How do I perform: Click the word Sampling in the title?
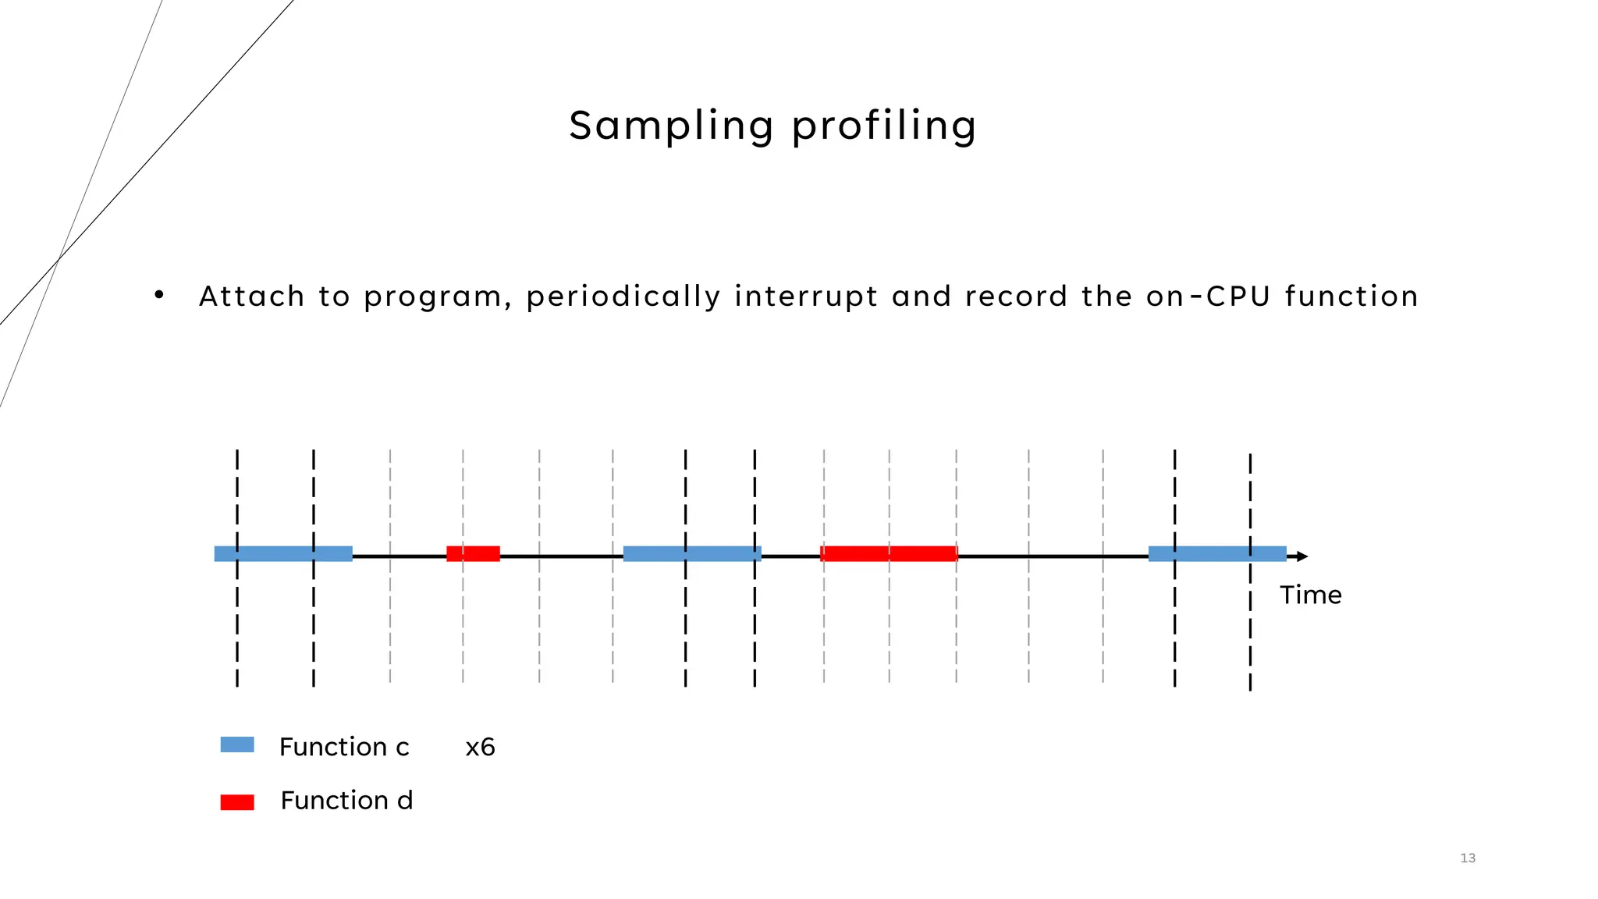click(670, 126)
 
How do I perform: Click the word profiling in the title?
click(883, 126)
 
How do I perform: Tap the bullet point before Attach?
click(159, 295)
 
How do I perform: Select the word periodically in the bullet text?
click(623, 297)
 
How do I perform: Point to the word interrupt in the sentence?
click(806, 297)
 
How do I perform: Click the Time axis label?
click(1310, 595)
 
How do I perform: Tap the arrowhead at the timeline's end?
click(1301, 556)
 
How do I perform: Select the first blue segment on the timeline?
click(283, 554)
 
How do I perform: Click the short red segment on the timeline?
click(473, 554)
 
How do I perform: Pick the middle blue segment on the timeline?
click(692, 554)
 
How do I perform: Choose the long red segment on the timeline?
click(889, 554)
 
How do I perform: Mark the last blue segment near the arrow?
click(1216, 554)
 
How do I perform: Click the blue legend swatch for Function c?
click(237, 744)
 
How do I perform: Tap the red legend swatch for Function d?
click(237, 802)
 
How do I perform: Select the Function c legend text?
click(344, 747)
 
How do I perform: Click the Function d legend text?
click(346, 801)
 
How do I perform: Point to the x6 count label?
click(480, 748)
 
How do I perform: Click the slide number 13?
click(1468, 858)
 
